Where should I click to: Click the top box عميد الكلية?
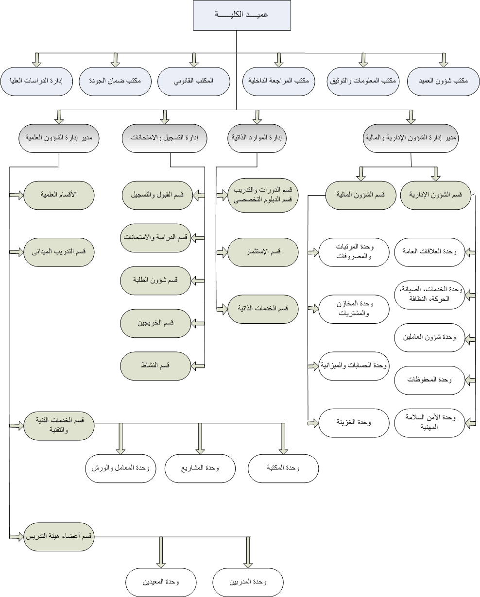click(x=242, y=15)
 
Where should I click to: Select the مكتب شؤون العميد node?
click(x=444, y=81)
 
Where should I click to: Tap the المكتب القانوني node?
click(x=194, y=81)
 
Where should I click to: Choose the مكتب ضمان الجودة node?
click(x=115, y=81)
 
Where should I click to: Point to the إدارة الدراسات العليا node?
click(x=36, y=81)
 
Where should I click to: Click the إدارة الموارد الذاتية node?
click(x=257, y=138)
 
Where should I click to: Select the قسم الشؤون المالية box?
click(x=360, y=195)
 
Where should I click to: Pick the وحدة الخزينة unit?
click(x=354, y=423)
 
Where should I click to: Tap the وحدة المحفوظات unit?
click(x=429, y=380)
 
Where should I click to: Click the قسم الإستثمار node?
click(x=263, y=252)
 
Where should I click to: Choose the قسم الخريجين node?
click(x=155, y=323)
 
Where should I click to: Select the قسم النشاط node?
click(x=155, y=366)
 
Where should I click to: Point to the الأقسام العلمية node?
click(x=59, y=195)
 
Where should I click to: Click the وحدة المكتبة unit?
click(x=283, y=468)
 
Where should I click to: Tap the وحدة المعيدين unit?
click(x=161, y=582)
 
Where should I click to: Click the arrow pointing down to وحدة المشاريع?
click(x=200, y=439)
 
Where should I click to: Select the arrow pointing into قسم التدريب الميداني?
click(x=17, y=252)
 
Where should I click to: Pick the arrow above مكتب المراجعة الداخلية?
click(x=278, y=60)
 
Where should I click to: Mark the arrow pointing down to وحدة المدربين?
click(x=248, y=552)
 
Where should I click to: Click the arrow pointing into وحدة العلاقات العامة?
click(x=470, y=252)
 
